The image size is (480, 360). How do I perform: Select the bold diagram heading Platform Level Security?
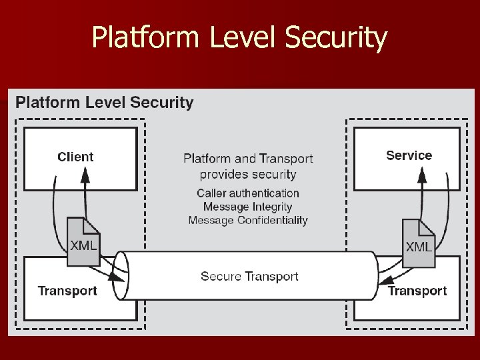coord(105,103)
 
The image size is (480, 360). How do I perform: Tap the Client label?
coord(75,157)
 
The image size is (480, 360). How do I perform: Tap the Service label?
coord(409,155)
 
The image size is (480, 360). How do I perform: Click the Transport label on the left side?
coord(67,291)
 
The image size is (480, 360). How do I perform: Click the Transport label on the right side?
coord(417,291)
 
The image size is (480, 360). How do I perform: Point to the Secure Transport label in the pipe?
coord(249,276)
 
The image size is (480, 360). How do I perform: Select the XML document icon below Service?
coord(418,238)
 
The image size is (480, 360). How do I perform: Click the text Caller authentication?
coord(248,193)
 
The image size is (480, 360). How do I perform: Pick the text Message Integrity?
coord(248,207)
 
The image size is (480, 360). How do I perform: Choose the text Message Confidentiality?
coord(248,220)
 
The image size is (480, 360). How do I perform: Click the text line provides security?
coord(248,174)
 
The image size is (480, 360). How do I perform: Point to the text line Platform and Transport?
coord(248,159)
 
